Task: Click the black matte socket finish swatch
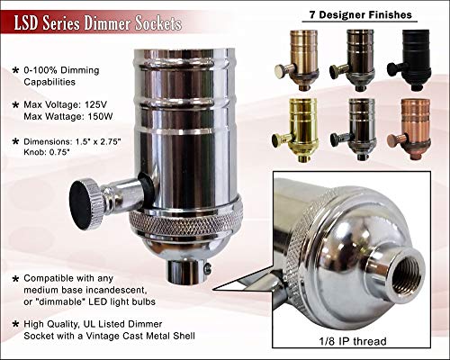click(x=412, y=60)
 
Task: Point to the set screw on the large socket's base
click(x=207, y=268)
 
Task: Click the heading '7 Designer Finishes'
click(x=360, y=14)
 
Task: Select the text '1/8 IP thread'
click(x=353, y=341)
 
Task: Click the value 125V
click(x=95, y=104)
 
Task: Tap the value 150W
click(x=100, y=116)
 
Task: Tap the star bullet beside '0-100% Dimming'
click(x=15, y=71)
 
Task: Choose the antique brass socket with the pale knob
click(x=297, y=60)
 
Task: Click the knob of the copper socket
click(x=393, y=140)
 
